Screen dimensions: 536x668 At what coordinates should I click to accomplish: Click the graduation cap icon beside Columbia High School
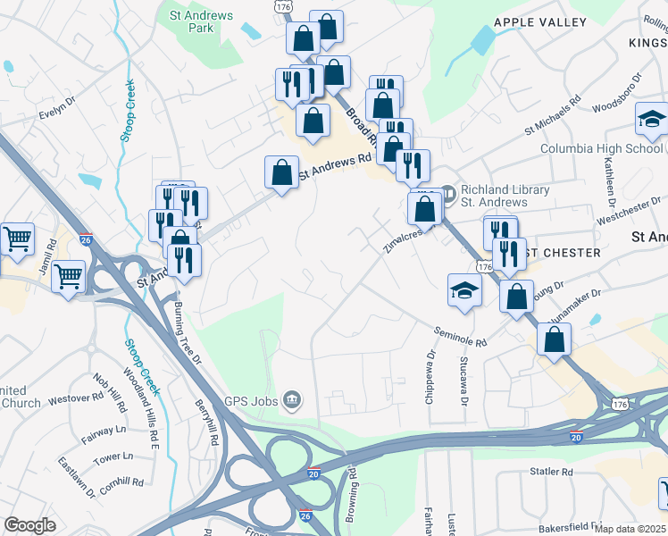pos(652,121)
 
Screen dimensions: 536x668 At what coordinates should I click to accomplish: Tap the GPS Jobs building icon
pos(292,398)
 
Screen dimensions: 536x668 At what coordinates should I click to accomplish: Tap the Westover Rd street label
pos(76,398)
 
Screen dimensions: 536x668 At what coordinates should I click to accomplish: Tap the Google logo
pos(29,525)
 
